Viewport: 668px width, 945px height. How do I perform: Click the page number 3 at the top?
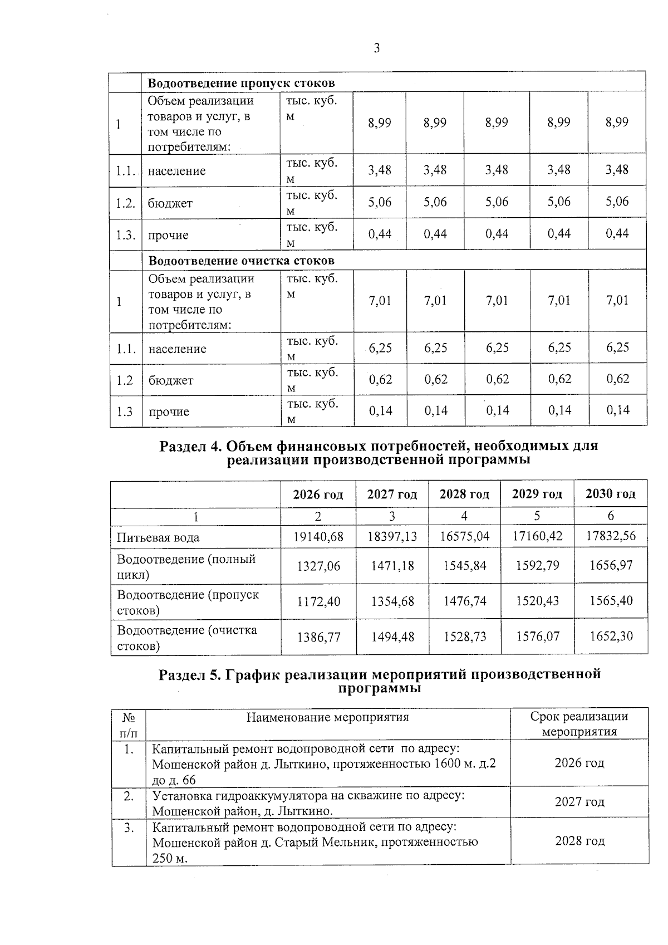(377, 49)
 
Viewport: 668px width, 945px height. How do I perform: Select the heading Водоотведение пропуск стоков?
(241, 84)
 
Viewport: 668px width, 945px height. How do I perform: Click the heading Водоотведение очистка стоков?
(241, 261)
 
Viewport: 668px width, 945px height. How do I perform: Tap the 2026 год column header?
(318, 494)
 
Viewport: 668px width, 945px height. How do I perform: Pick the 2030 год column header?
(610, 493)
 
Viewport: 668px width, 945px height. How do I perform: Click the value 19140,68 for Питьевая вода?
(318, 537)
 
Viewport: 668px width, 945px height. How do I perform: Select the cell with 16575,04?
(464, 536)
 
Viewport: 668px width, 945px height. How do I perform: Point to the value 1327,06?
(318, 566)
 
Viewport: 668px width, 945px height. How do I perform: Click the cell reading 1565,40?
(611, 601)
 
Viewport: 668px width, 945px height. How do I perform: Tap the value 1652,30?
(611, 636)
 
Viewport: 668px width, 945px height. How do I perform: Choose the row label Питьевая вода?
(158, 538)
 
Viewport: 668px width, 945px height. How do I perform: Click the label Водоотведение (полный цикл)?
(186, 566)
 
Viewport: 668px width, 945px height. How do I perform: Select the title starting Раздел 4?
(379, 453)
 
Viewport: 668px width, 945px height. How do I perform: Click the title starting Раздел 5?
(380, 680)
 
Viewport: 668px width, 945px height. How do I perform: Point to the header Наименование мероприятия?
(327, 717)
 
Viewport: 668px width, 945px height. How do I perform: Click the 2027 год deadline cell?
(579, 802)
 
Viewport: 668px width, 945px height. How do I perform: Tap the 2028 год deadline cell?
(579, 841)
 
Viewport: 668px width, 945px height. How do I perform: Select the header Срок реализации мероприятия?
(579, 724)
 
